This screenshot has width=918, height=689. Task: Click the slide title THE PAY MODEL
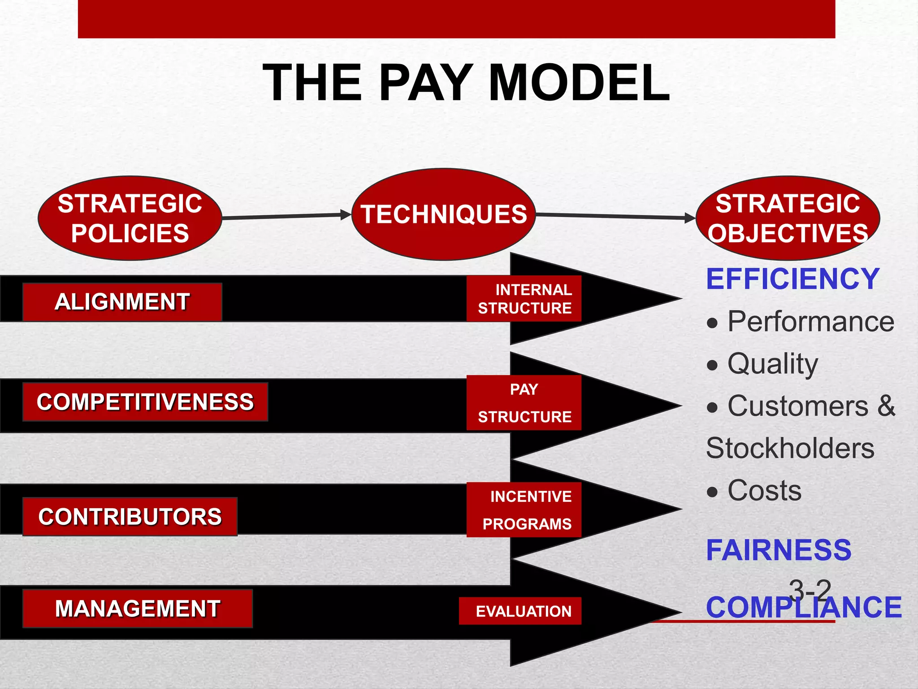point(466,83)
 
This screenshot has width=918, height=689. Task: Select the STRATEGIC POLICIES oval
point(130,218)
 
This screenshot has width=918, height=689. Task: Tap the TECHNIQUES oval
point(444,214)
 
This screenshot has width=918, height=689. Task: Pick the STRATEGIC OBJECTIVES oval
point(788,218)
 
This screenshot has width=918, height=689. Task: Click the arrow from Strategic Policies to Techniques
point(287,216)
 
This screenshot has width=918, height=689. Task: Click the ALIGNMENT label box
point(122,302)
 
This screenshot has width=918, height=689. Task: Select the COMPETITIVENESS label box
point(145,402)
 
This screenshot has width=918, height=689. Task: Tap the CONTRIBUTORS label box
point(130,517)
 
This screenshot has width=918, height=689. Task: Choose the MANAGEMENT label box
point(138,609)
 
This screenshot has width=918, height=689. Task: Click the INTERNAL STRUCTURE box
point(524,299)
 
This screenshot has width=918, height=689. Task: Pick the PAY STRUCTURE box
point(524,403)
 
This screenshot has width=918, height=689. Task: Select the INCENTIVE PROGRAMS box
point(524,510)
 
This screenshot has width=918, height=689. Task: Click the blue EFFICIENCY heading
point(792,279)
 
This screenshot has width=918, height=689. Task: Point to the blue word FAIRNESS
point(779,550)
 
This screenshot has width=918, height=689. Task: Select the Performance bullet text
point(810,322)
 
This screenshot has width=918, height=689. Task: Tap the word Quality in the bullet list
point(772,364)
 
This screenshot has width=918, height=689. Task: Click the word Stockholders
point(790,448)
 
